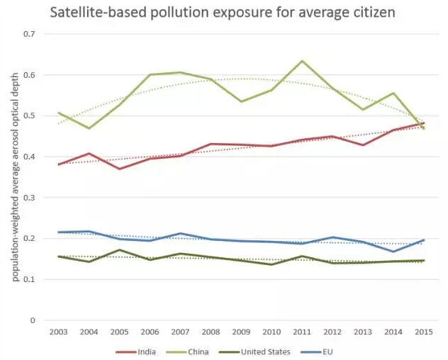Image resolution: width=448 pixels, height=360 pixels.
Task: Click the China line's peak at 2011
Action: [x=302, y=61]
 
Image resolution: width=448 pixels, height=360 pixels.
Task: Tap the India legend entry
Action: [x=135, y=351]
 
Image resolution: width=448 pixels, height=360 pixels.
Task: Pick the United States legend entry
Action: [x=254, y=351]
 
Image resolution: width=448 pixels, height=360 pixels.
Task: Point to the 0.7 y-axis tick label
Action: [x=29, y=34]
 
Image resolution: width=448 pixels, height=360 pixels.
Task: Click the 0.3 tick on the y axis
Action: [x=29, y=198]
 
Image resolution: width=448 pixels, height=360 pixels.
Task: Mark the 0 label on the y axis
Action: [x=33, y=320]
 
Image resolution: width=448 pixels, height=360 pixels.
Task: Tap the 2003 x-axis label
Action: [x=59, y=332]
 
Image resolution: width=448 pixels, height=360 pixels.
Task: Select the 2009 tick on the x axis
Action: [x=241, y=332]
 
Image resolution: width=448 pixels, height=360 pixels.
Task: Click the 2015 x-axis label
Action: [x=424, y=332]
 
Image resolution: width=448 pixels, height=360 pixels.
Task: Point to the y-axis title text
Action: [x=16, y=177]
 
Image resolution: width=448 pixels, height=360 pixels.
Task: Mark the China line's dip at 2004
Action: [x=89, y=128]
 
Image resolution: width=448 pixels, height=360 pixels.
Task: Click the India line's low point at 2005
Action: [x=119, y=169]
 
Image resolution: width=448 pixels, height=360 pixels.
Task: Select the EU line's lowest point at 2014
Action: [x=393, y=252]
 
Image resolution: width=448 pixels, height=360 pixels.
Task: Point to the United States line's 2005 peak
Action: [x=119, y=250]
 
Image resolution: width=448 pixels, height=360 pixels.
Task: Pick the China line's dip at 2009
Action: [x=241, y=101]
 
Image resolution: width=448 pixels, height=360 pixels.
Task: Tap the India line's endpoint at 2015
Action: [x=424, y=123]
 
